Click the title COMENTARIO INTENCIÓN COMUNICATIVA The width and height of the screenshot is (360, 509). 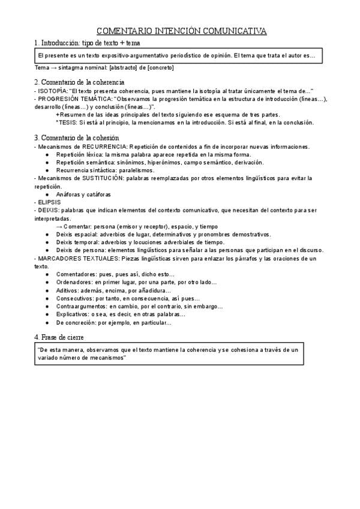pyautogui.click(x=182, y=31)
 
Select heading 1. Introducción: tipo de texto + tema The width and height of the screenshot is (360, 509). pyautogui.click(x=87, y=44)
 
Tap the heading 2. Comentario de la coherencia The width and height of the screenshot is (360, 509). pyautogui.click(x=79, y=81)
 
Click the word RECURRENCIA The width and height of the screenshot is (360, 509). pyautogui.click(x=104, y=147)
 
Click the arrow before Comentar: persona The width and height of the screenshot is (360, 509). pyautogui.click(x=59, y=226)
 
